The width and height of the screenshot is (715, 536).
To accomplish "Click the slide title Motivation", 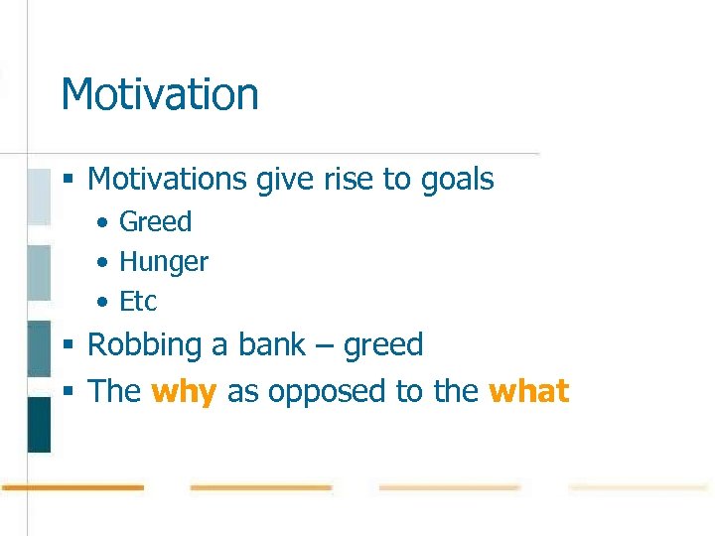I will (x=160, y=94).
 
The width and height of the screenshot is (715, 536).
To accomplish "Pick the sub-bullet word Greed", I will (x=155, y=222).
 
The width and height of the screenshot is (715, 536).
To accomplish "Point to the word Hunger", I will (x=164, y=263).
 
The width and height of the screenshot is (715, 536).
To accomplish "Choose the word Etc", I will (x=138, y=302).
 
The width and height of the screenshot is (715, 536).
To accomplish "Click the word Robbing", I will (x=144, y=345).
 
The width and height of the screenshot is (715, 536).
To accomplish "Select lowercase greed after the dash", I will (x=383, y=346).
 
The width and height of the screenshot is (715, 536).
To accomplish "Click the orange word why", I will (x=184, y=392).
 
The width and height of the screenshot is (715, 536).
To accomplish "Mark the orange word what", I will (x=529, y=391).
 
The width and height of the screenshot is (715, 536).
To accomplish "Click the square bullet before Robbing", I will (x=69, y=346).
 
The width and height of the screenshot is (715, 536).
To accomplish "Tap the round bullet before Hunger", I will (x=103, y=263).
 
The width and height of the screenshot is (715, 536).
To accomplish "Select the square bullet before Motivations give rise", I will (x=69, y=181).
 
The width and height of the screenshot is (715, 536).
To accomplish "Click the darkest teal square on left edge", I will (x=39, y=424).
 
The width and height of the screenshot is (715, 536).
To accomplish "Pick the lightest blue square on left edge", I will (x=39, y=197).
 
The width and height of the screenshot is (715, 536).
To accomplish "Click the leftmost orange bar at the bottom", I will (x=71, y=487).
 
